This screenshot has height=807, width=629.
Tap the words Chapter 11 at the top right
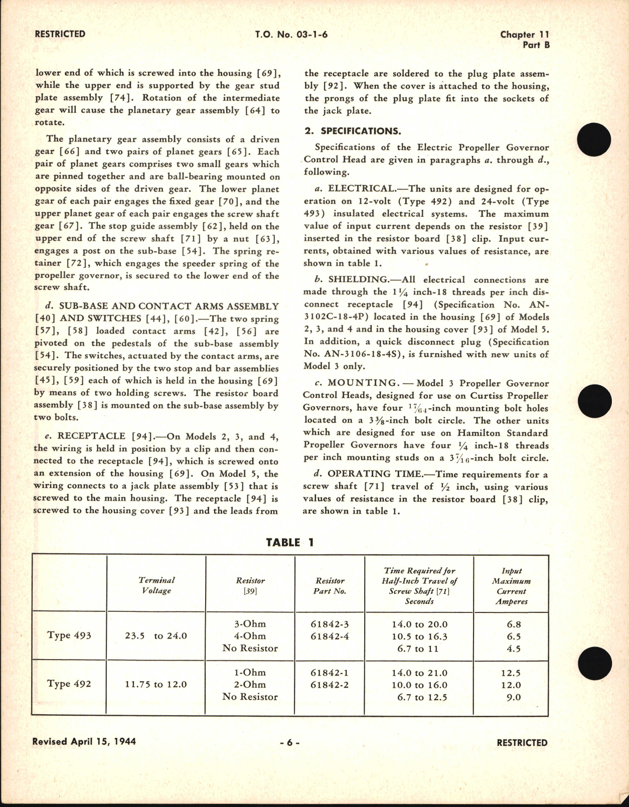[524, 35]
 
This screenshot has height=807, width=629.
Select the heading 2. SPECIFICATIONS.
[353, 131]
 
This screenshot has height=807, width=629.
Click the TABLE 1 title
[290, 542]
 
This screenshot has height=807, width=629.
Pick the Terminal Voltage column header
[156, 585]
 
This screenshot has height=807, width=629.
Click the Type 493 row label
[69, 635]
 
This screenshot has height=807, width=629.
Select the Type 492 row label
[69, 684]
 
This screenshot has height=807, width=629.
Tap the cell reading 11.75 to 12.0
[156, 684]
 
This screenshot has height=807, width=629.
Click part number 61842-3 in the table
[330, 624]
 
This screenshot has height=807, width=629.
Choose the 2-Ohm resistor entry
[250, 685]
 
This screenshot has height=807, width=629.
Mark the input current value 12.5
[511, 673]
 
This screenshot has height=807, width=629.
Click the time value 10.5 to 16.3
[419, 636]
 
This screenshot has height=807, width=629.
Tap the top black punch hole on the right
[594, 139]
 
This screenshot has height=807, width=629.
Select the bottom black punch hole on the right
[594, 663]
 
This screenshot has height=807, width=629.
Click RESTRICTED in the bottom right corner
[522, 743]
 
